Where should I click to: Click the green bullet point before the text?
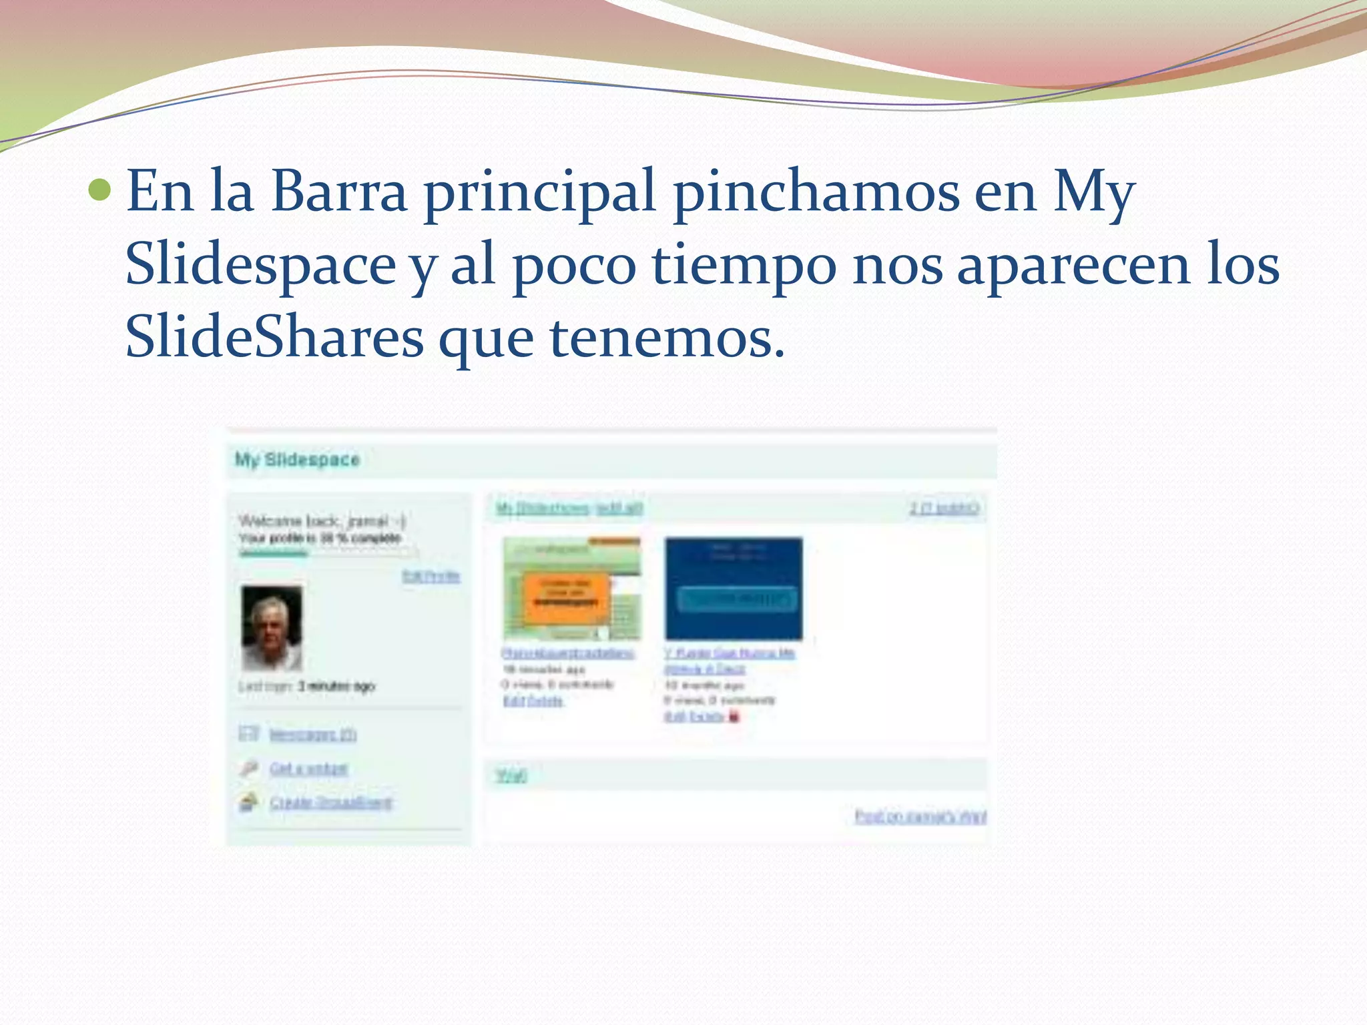click(99, 191)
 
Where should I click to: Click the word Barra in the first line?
click(338, 192)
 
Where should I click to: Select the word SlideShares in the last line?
click(274, 338)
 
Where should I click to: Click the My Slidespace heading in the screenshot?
click(297, 460)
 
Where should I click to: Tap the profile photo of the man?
click(272, 627)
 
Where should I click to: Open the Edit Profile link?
click(431, 576)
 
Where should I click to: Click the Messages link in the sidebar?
click(312, 735)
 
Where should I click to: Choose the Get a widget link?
click(308, 769)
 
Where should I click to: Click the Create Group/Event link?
click(330, 802)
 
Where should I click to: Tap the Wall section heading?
click(511, 775)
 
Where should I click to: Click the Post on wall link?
click(920, 816)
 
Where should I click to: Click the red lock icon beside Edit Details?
click(734, 717)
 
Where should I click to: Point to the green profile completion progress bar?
click(274, 553)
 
